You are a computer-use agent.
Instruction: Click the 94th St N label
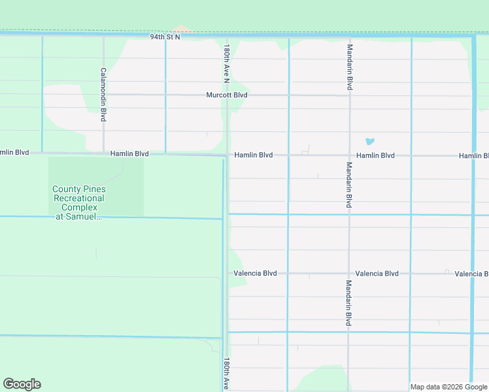pos(165,37)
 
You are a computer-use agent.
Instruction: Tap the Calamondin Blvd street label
pos(103,95)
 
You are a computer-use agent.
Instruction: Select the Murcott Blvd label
pos(227,95)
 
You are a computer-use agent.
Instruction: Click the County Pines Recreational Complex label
pos(78,203)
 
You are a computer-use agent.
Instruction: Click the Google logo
pos(22,384)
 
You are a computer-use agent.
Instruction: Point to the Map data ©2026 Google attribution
pos(448,387)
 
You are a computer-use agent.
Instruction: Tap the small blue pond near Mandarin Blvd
pos(369,141)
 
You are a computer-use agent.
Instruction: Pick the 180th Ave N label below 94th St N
pos(226,64)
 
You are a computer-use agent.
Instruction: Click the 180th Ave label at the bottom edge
pos(226,374)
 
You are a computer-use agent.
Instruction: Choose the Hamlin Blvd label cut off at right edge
pos(473,155)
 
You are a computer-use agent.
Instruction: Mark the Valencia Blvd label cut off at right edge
pos(471,274)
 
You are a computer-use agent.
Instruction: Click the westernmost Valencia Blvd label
pos(255,273)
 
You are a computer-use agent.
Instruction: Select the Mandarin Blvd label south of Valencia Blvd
pos(349,303)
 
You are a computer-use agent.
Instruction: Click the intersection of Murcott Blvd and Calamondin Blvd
pos(103,94)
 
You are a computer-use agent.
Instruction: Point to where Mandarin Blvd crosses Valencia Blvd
pos(349,273)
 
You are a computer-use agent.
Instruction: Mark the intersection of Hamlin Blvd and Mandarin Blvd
pos(349,155)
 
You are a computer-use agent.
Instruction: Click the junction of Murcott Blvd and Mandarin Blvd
pos(349,95)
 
